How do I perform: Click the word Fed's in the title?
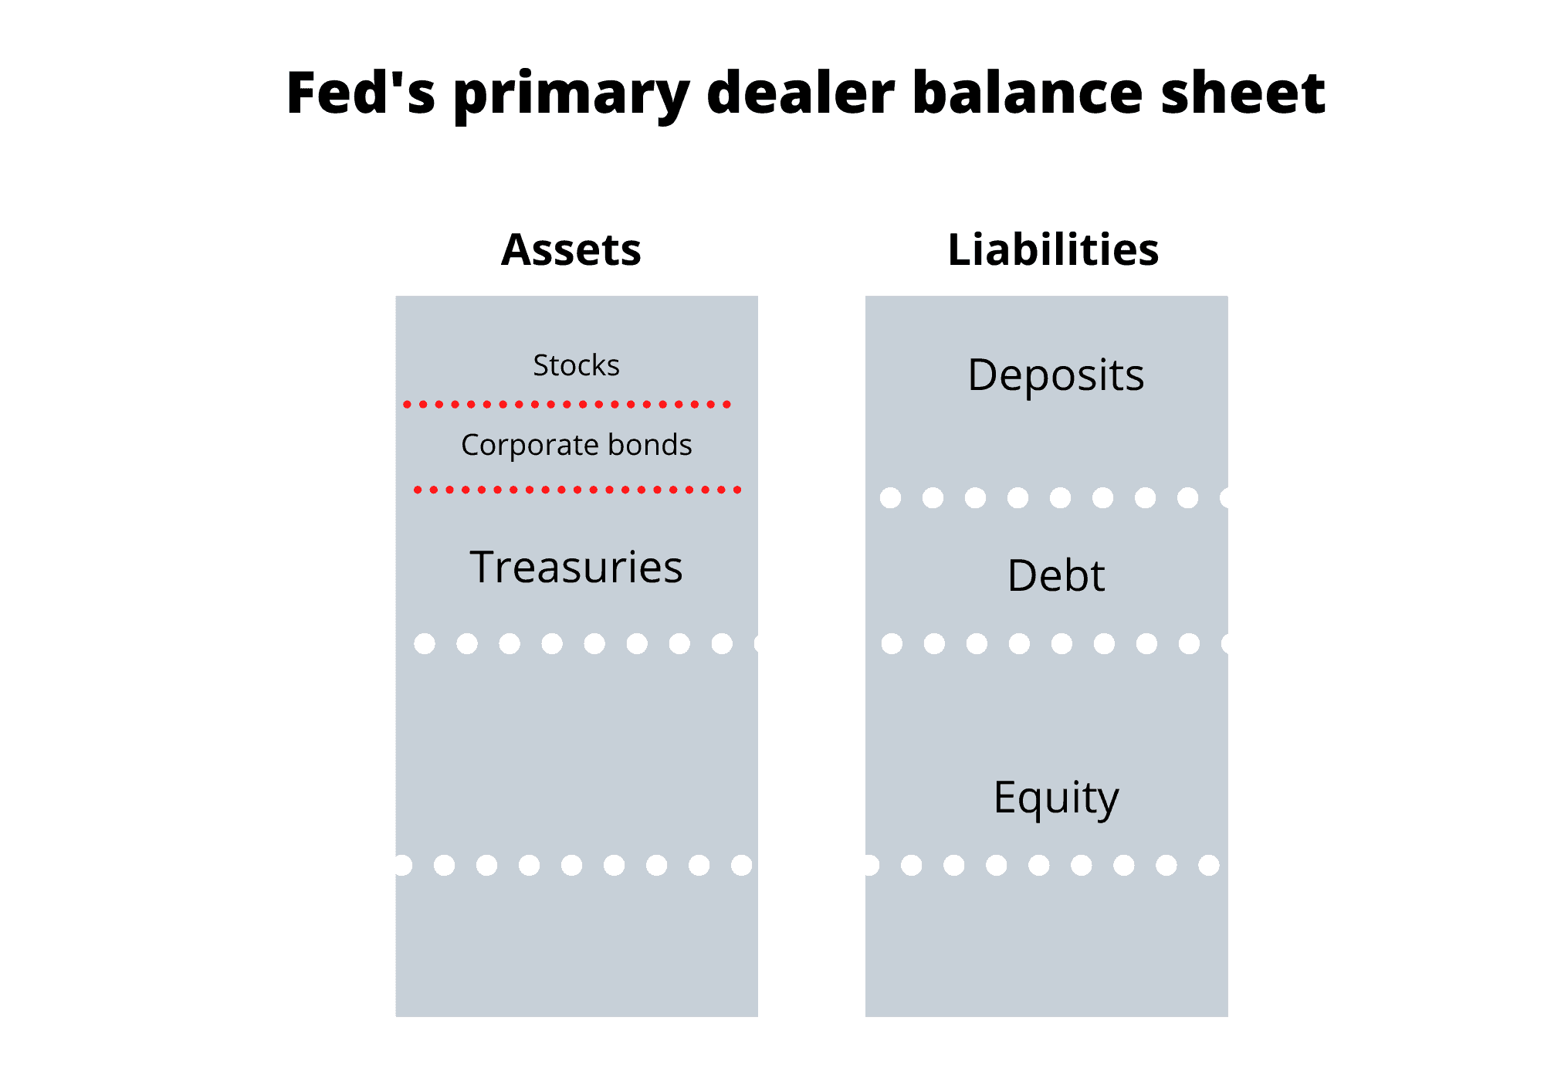point(361,93)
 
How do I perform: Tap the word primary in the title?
point(571,97)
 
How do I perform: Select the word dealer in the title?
point(801,93)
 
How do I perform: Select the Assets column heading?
point(571,250)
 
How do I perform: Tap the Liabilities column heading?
point(1053,249)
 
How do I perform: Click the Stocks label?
point(576,365)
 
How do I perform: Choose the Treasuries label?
point(576,567)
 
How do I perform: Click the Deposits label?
point(1055,376)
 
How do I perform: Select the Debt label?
point(1055,575)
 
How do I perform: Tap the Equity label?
point(1055,798)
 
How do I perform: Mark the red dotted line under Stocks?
point(567,404)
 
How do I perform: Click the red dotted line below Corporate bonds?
point(577,490)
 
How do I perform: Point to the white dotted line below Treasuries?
point(586,643)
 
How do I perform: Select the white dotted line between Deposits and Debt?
point(1054,497)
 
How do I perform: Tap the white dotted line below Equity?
point(1042,865)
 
